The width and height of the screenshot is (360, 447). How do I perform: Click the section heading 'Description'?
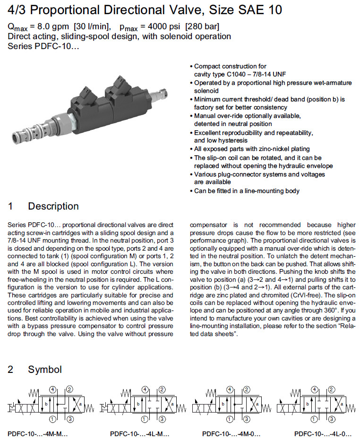pos(53,206)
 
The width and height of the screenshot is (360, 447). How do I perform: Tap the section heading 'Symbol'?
pos(44,370)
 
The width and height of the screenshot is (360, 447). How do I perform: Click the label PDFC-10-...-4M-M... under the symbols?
pos(38,434)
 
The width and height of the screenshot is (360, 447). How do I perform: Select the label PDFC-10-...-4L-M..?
pos(139,434)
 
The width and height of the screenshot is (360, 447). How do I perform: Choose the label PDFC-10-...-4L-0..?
pos(323,434)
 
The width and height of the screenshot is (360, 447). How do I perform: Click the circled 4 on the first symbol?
pos(53,390)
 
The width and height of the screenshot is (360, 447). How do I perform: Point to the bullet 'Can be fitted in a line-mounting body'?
pos(247,191)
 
